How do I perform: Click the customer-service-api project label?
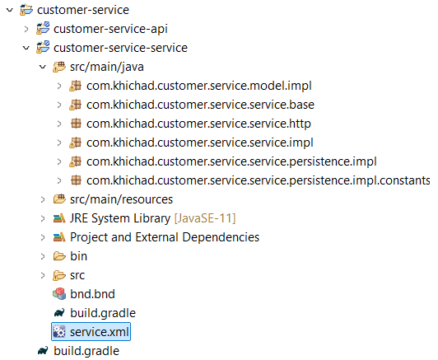point(110,29)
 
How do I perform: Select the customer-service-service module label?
point(120,48)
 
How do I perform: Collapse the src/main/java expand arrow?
point(43,67)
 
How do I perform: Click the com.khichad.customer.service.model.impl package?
point(199,86)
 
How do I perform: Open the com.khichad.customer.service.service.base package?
point(200,105)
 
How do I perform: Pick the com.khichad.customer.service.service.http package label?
point(198,124)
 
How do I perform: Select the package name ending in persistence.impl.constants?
point(259,180)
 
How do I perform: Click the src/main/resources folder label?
point(121,199)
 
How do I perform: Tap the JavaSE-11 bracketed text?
point(205,218)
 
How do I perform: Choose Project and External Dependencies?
point(165,237)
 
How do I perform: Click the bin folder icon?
point(59,256)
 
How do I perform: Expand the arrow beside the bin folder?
point(43,256)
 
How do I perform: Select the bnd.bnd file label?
point(92,294)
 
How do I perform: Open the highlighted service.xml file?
point(99,332)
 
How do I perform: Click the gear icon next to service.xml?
point(59,332)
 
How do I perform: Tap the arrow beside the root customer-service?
point(10,10)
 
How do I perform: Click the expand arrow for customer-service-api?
point(26,29)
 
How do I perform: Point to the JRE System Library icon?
point(59,218)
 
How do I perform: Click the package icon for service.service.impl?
point(75,143)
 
